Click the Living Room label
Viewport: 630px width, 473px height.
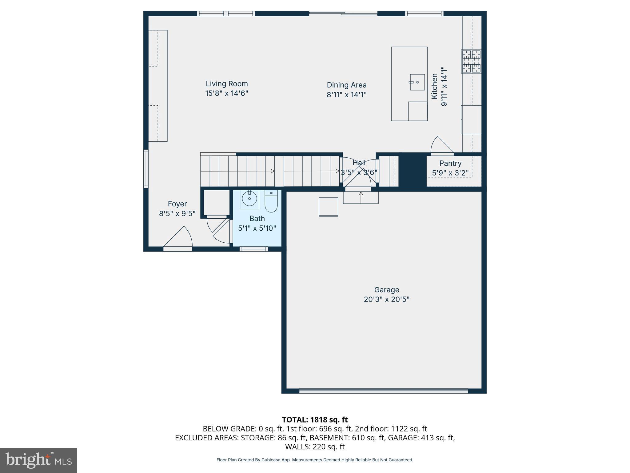(227, 84)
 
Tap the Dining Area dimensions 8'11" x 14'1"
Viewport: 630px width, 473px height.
(346, 95)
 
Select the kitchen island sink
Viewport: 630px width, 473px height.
(417, 82)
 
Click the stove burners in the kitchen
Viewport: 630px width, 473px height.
(471, 62)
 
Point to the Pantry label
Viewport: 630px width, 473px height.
(450, 164)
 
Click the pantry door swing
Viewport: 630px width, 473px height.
(441, 146)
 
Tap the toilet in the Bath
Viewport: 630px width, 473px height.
(271, 202)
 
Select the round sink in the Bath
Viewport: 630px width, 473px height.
(249, 199)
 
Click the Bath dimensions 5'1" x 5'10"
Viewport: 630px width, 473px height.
(257, 228)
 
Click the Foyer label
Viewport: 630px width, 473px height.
(177, 204)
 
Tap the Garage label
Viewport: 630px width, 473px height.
(387, 290)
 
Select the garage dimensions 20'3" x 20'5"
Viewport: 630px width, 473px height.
(387, 299)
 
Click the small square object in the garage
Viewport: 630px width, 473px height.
(328, 207)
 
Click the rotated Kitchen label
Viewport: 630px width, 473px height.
(434, 86)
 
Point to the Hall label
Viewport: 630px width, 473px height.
(359, 163)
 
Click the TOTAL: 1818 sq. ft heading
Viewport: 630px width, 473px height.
(315, 420)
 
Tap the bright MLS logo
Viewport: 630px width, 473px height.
(38, 460)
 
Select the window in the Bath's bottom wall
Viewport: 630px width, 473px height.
(253, 249)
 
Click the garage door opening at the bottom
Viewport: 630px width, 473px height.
(384, 391)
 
